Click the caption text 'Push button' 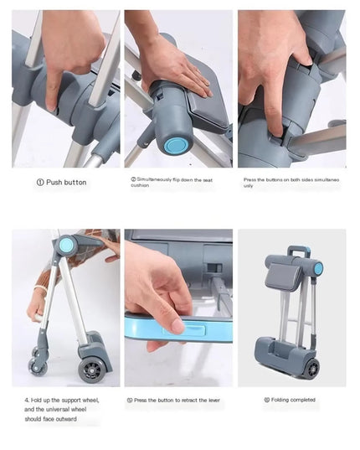point(66,182)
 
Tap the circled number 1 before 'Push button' point(39,182)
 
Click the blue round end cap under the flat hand point(173,146)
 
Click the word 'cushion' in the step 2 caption point(141,186)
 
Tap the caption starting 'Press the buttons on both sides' point(291,183)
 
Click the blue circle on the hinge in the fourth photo point(66,245)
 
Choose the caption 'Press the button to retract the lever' point(177,400)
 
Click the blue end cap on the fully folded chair point(318,268)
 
